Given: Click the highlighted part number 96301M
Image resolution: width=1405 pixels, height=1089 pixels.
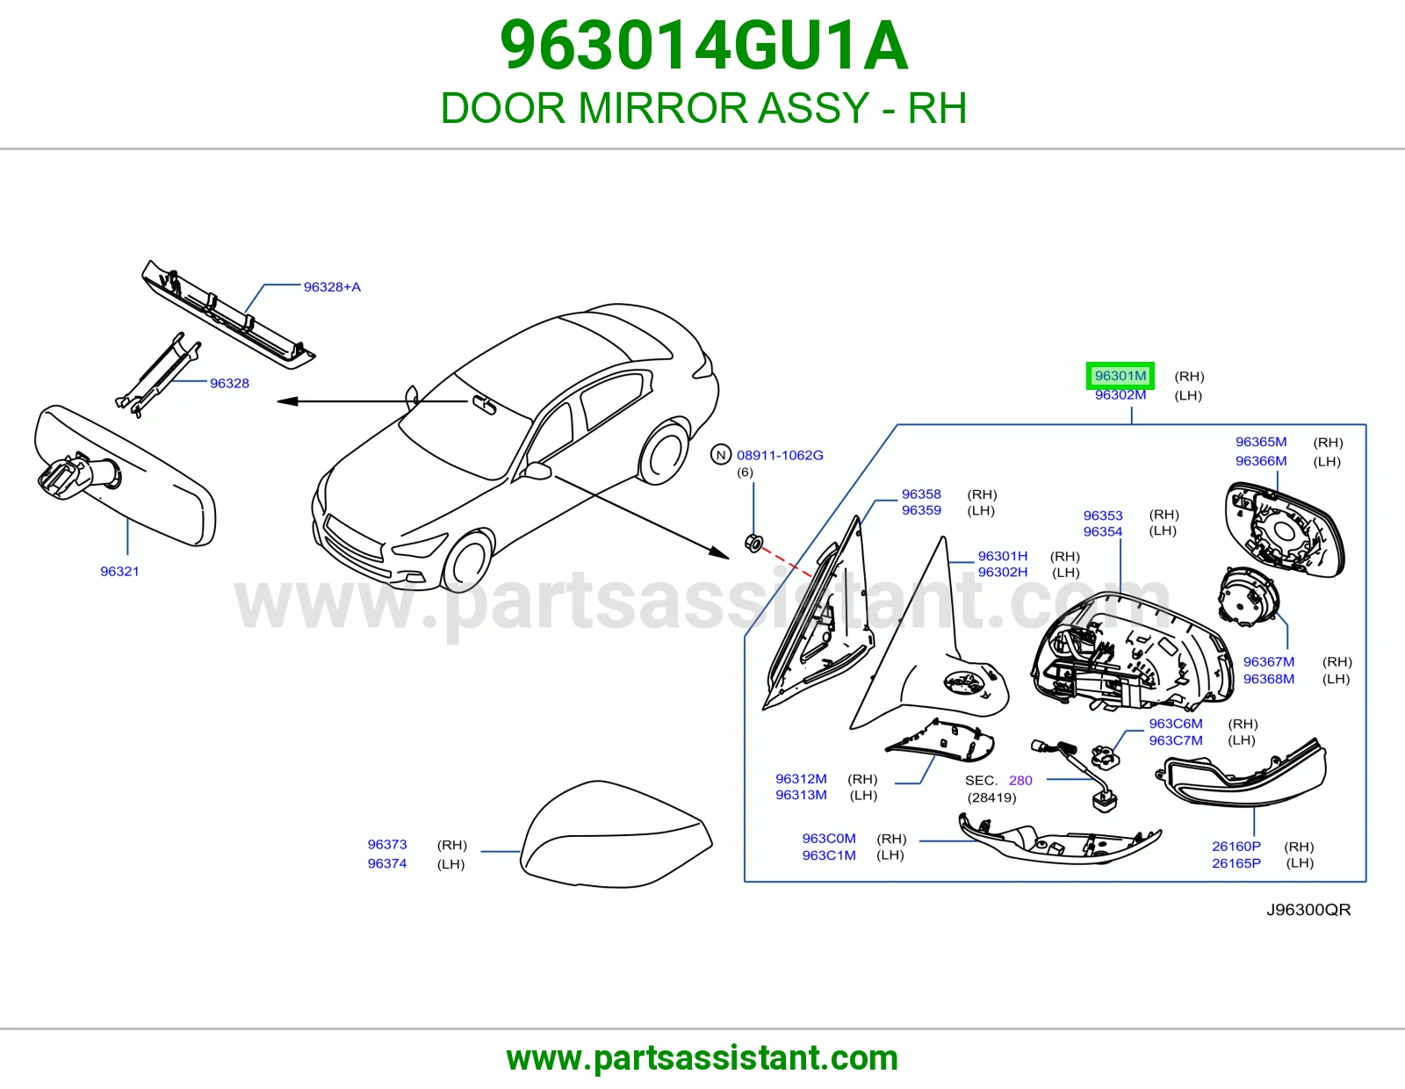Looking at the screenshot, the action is tap(1120, 376).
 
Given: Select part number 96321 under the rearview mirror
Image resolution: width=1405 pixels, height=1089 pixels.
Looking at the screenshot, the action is tap(119, 571).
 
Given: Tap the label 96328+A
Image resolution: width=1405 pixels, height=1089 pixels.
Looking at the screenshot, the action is tap(332, 286).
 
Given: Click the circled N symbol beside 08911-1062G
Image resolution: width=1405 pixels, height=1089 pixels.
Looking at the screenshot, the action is tap(721, 455).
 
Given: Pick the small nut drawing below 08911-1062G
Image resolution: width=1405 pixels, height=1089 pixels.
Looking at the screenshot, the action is tap(753, 544).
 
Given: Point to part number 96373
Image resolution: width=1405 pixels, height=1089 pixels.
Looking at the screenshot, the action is tap(387, 844).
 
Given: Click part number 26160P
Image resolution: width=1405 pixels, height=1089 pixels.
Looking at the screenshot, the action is tap(1236, 846).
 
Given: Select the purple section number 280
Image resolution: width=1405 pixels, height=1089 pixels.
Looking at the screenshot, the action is tap(1020, 781).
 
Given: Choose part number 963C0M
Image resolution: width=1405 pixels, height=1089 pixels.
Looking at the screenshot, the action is tap(829, 838).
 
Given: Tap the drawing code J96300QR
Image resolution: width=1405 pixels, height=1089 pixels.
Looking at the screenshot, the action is tap(1308, 910).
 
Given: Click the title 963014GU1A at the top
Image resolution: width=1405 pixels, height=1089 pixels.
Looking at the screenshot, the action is tap(703, 46).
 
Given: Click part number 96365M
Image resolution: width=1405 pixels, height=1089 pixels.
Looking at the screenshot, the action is tap(1261, 442).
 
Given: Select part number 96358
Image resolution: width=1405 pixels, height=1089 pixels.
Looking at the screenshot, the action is tap(921, 494).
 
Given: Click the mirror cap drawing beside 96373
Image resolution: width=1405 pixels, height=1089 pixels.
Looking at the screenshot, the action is tap(616, 834).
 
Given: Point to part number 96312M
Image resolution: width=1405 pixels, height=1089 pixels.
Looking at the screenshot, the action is tap(801, 779).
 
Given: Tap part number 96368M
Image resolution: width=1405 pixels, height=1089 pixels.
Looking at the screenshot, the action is tap(1269, 679).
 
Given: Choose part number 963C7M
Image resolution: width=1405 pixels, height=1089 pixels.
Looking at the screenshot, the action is tap(1176, 740).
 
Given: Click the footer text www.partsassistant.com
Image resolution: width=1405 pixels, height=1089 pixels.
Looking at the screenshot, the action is tap(702, 1058).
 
